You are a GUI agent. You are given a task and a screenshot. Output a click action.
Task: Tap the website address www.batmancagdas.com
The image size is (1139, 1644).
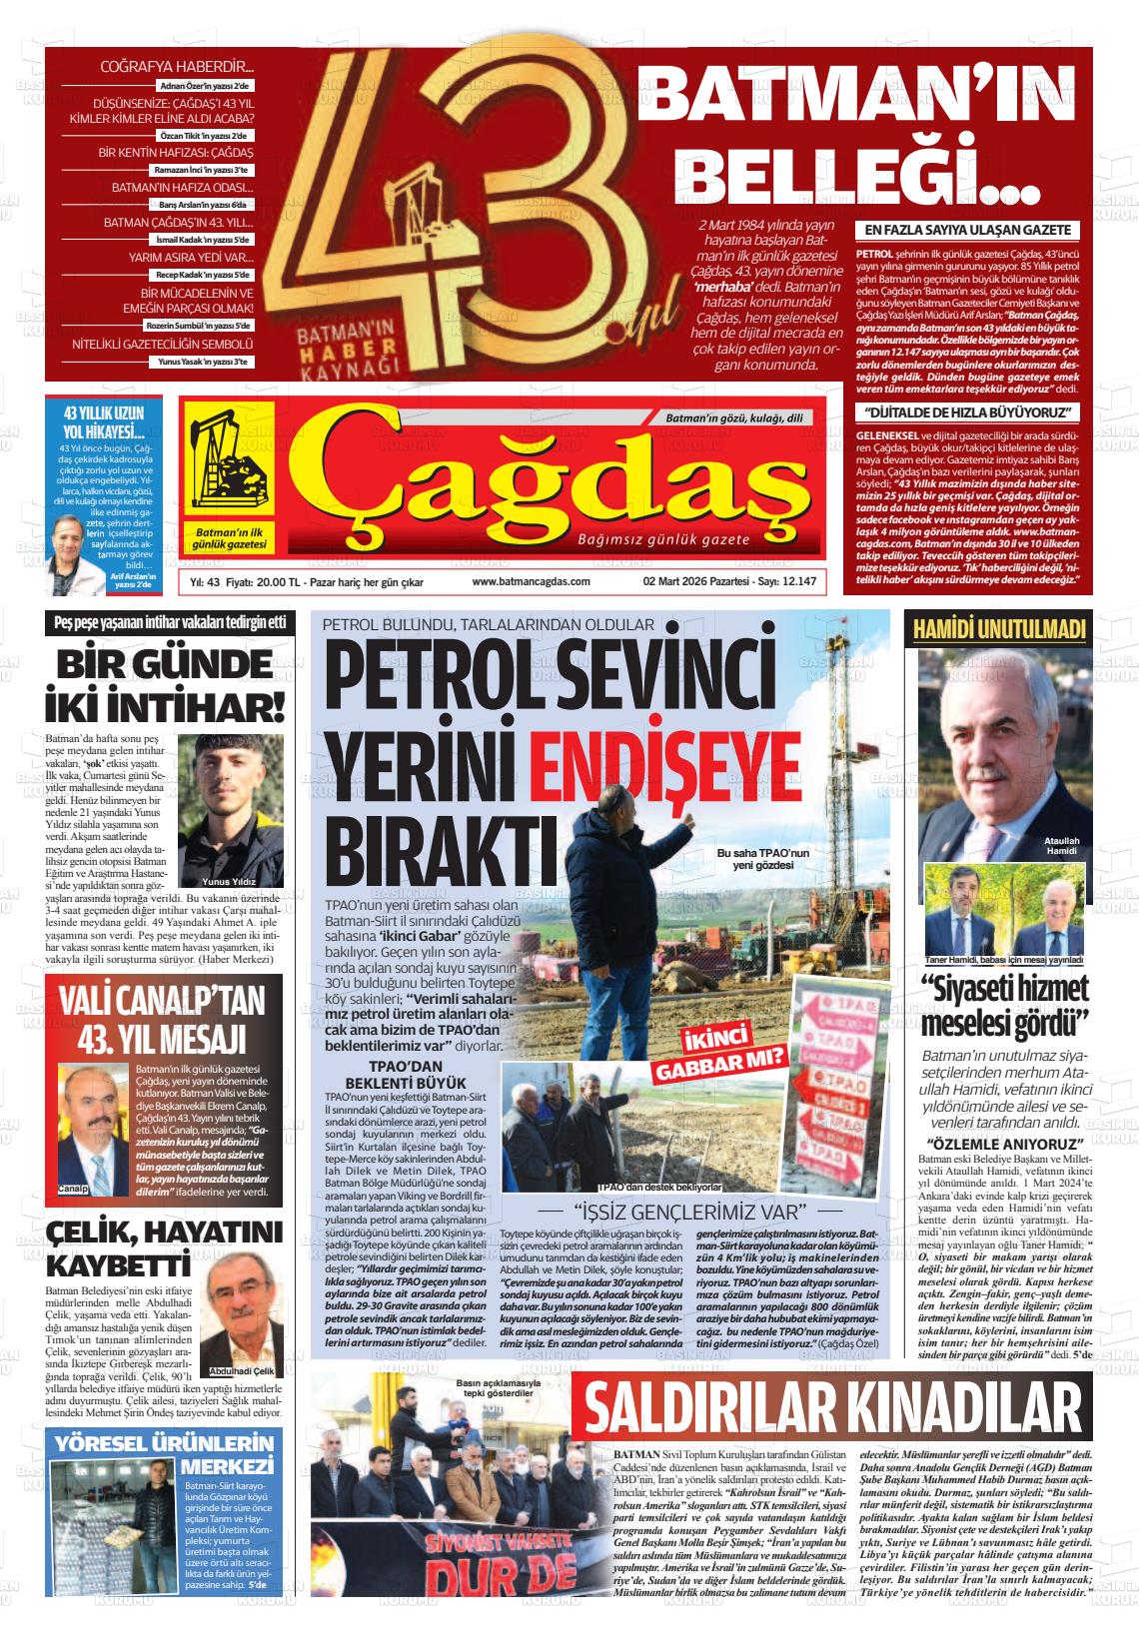tap(531, 581)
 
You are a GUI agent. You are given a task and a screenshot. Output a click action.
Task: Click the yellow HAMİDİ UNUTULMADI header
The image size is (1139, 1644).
tap(999, 629)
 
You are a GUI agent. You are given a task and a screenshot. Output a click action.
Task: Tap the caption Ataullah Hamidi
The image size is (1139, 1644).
tap(1060, 844)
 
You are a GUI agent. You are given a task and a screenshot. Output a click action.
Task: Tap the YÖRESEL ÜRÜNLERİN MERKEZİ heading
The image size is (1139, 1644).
tap(165, 1454)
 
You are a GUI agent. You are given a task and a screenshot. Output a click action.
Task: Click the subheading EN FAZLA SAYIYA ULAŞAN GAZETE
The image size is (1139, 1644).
tap(967, 231)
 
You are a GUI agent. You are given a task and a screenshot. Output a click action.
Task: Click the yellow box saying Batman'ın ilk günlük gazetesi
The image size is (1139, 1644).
tap(230, 537)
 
